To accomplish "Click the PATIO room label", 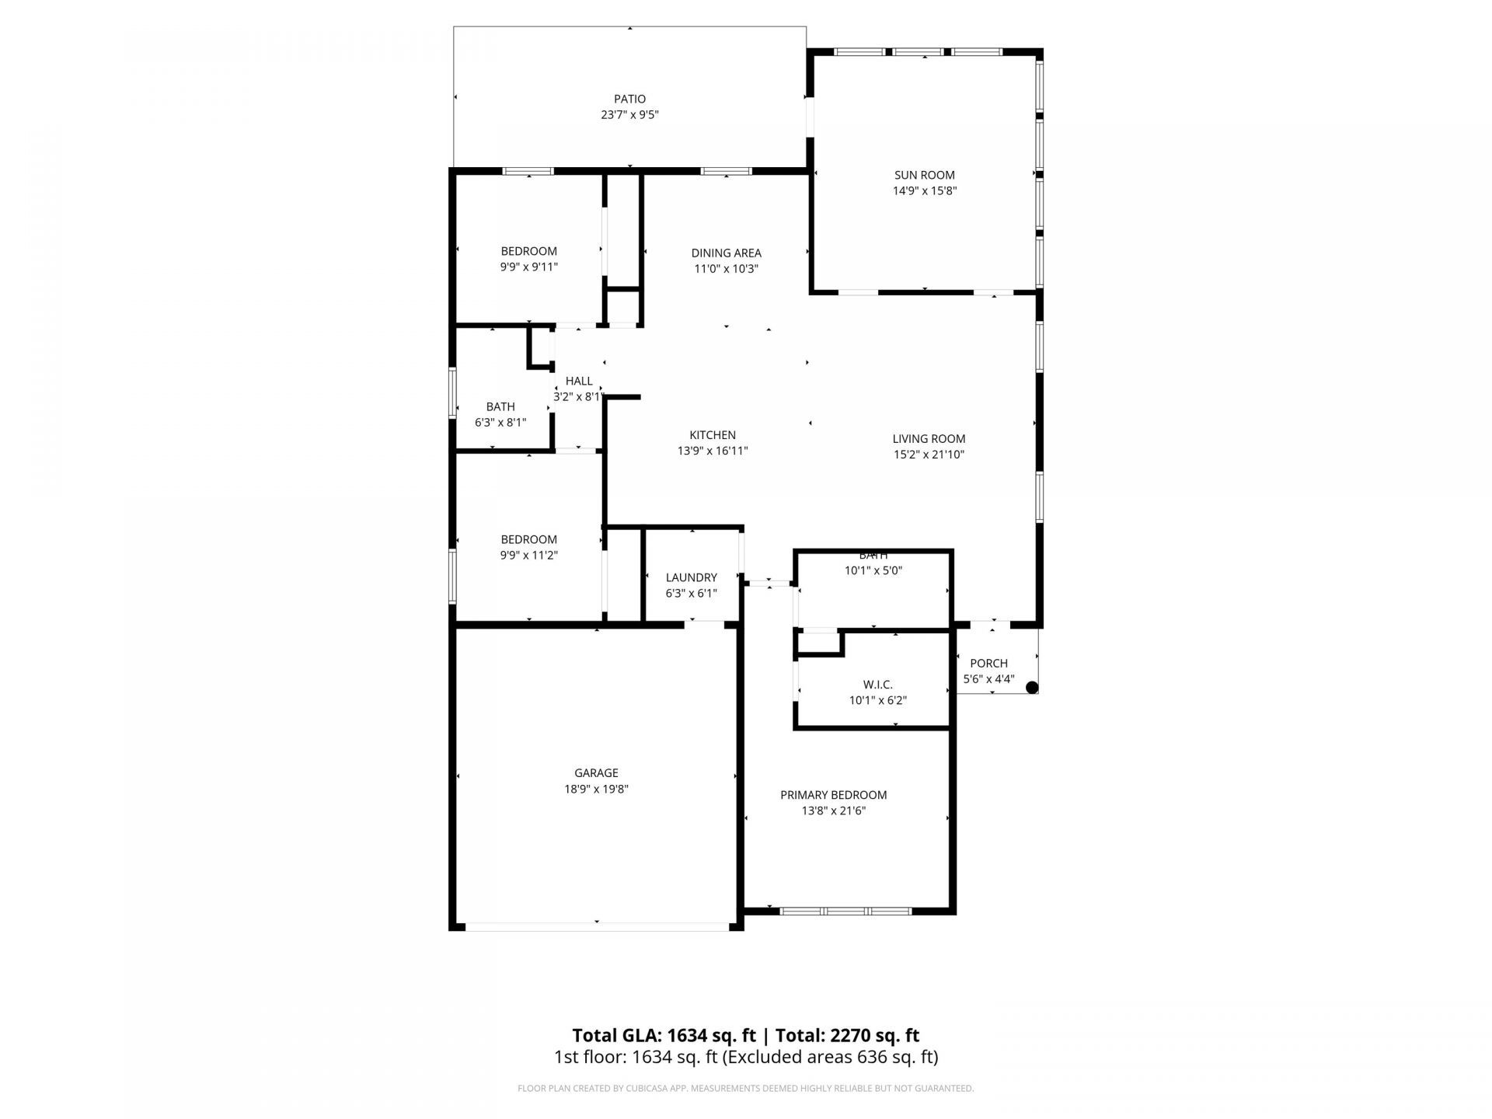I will click(629, 99).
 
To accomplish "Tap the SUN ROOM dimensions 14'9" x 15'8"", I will click(924, 190).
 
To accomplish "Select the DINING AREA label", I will click(726, 253).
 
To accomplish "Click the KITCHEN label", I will click(712, 435).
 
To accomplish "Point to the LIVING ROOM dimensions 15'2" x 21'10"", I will click(929, 455).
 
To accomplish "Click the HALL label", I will click(579, 381).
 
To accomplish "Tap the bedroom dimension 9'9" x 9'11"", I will click(528, 267).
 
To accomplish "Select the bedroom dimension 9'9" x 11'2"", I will click(528, 555).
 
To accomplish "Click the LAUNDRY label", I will click(691, 577).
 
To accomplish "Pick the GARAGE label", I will click(596, 772).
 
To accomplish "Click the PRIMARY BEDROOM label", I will click(833, 795).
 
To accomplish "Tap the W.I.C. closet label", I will click(877, 685).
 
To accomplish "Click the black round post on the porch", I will click(1032, 687).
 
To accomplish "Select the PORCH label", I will click(988, 663).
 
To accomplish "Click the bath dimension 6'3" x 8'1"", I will click(500, 422).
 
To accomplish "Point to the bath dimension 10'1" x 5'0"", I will click(873, 570).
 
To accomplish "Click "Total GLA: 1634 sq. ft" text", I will click(664, 1035).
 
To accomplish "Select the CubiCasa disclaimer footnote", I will click(745, 1089).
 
